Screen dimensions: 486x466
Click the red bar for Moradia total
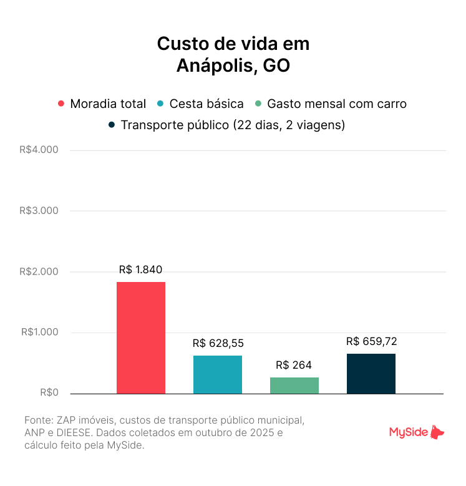pyautogui.click(x=141, y=338)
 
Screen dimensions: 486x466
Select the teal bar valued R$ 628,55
pyautogui.click(x=218, y=374)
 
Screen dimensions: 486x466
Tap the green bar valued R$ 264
pyautogui.click(x=294, y=386)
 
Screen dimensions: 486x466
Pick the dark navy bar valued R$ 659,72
pyautogui.click(x=371, y=373)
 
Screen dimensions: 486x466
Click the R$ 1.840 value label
pyautogui.click(x=141, y=270)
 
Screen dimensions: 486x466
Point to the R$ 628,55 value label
pyautogui.click(x=218, y=343)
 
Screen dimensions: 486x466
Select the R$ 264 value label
pyautogui.click(x=294, y=365)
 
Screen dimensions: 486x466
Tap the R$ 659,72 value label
pyautogui.click(x=371, y=341)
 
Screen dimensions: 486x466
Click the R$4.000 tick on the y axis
pyautogui.click(x=39, y=150)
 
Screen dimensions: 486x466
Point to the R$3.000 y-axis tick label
pyautogui.click(x=39, y=211)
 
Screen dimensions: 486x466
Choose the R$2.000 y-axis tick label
pyautogui.click(x=39, y=271)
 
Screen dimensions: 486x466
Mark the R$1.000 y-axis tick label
pyautogui.click(x=39, y=333)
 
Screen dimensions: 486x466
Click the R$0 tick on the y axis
pyautogui.click(x=49, y=393)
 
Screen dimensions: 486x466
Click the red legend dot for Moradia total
pyautogui.click(x=61, y=104)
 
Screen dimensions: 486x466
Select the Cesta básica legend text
pyautogui.click(x=206, y=104)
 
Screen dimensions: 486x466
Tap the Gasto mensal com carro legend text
pyautogui.click(x=337, y=104)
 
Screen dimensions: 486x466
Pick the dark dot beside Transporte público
pyautogui.click(x=112, y=125)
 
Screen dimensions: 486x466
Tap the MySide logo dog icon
pyautogui.click(x=438, y=432)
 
